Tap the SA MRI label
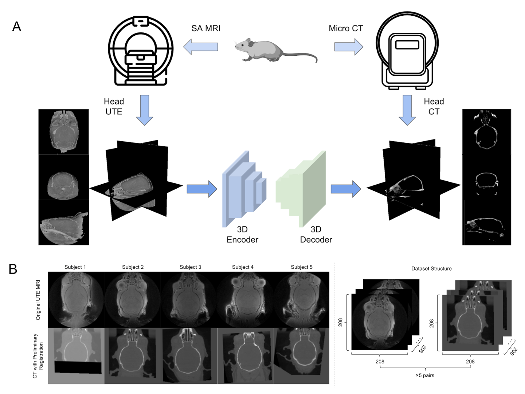[x=206, y=28]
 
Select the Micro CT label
[x=346, y=28]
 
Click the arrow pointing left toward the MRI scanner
[x=200, y=47]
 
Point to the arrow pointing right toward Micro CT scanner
[x=349, y=47]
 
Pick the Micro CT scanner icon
[x=407, y=51]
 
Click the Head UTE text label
[x=114, y=106]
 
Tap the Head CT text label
[x=434, y=106]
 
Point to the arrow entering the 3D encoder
[x=202, y=189]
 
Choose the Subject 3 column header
[x=190, y=267]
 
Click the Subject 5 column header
[x=301, y=267]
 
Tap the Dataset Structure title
[x=431, y=268]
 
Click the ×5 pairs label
[x=425, y=375]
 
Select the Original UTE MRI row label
[x=38, y=300]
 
